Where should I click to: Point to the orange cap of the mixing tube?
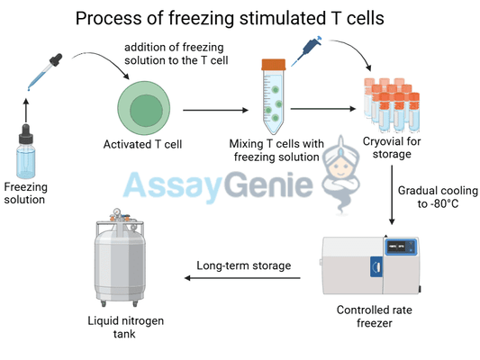tap(272, 64)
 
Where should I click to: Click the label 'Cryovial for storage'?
tap(391, 148)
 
